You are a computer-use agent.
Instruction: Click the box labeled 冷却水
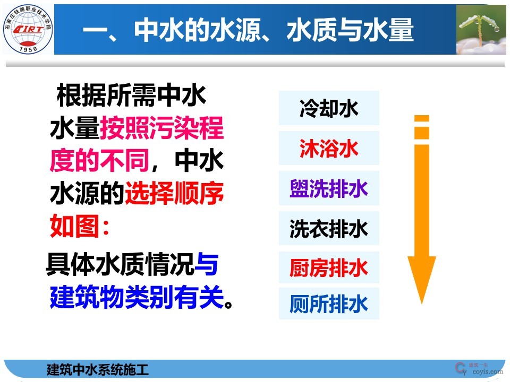329,108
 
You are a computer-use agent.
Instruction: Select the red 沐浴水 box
329,149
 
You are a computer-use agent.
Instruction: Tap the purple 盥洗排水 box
329,188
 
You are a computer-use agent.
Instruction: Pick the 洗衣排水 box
329,229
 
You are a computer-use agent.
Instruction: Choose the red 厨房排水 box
329,268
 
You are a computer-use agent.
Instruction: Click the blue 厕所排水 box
329,304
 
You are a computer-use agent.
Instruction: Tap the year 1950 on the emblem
27,48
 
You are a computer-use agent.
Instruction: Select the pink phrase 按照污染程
161,129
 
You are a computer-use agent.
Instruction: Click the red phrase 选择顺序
174,195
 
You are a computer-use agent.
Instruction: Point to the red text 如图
74,227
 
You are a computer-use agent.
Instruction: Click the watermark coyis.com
487,372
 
